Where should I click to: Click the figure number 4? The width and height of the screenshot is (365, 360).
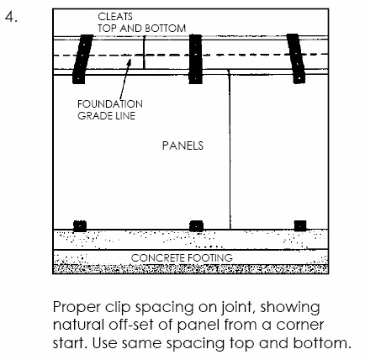(x=11, y=17)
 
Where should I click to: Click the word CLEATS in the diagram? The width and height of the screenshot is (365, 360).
(x=115, y=17)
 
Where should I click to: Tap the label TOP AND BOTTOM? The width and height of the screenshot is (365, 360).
(x=141, y=29)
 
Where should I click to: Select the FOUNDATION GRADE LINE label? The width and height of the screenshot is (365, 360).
(x=110, y=110)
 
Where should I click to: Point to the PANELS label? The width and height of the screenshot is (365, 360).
(x=182, y=146)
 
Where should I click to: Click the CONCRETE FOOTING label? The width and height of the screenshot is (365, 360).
(x=182, y=257)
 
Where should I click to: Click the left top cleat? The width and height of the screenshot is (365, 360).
(x=82, y=59)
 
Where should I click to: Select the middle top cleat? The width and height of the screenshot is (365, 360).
(x=195, y=59)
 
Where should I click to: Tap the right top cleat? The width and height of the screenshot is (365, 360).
(x=296, y=59)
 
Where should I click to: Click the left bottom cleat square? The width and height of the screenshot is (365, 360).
(x=80, y=226)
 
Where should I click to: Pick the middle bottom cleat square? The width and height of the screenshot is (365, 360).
(x=196, y=226)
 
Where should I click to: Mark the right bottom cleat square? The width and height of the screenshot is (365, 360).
(x=300, y=225)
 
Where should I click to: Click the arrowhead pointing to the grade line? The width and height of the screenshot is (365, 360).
(x=129, y=62)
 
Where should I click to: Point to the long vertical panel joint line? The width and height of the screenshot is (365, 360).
(x=230, y=150)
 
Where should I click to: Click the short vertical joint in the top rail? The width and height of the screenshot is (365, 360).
(x=144, y=52)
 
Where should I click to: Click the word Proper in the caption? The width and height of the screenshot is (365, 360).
(x=77, y=308)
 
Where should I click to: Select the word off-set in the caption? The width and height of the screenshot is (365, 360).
(x=131, y=325)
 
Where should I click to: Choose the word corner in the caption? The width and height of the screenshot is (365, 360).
(x=299, y=326)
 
